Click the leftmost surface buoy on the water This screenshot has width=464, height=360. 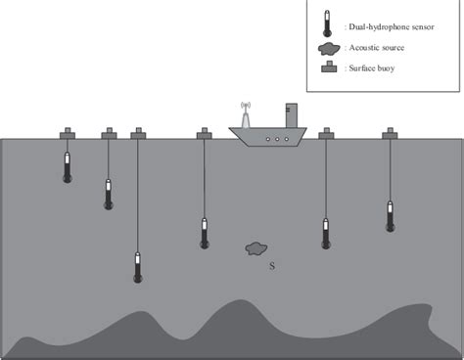68,132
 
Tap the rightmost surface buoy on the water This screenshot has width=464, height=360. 391,132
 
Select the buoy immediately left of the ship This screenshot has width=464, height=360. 204,132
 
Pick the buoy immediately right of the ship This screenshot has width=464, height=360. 325,132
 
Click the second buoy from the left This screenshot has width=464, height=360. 109,132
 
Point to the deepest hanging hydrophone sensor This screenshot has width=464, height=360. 137,267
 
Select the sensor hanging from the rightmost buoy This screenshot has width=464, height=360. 391,216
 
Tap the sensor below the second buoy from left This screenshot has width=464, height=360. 109,195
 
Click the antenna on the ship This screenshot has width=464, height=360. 246,113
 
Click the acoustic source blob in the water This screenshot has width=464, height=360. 256,249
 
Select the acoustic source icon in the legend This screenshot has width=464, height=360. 330,47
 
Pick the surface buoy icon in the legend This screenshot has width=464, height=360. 330,68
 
